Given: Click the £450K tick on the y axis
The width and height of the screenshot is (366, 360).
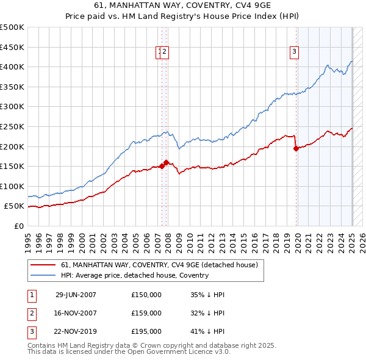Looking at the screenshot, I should point(12,47).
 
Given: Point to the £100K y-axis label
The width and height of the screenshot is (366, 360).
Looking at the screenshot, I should point(12,186).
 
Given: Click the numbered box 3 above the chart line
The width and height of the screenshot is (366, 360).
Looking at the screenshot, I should point(294,52).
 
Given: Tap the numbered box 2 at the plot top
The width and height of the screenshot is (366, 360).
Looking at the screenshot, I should point(165,52).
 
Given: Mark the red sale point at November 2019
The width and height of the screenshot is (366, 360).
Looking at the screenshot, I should point(296,148).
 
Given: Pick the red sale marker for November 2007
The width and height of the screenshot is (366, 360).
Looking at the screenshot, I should point(167,162).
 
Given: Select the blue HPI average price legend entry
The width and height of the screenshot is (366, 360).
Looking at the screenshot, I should point(135,275).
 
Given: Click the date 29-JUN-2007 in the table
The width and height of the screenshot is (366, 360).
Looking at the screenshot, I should point(76,295).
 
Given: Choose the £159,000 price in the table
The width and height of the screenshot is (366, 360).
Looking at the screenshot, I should point(146,314).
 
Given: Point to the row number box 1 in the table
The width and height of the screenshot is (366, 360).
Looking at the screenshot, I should point(32,295).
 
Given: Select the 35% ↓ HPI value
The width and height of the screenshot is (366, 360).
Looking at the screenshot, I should point(207,295).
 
